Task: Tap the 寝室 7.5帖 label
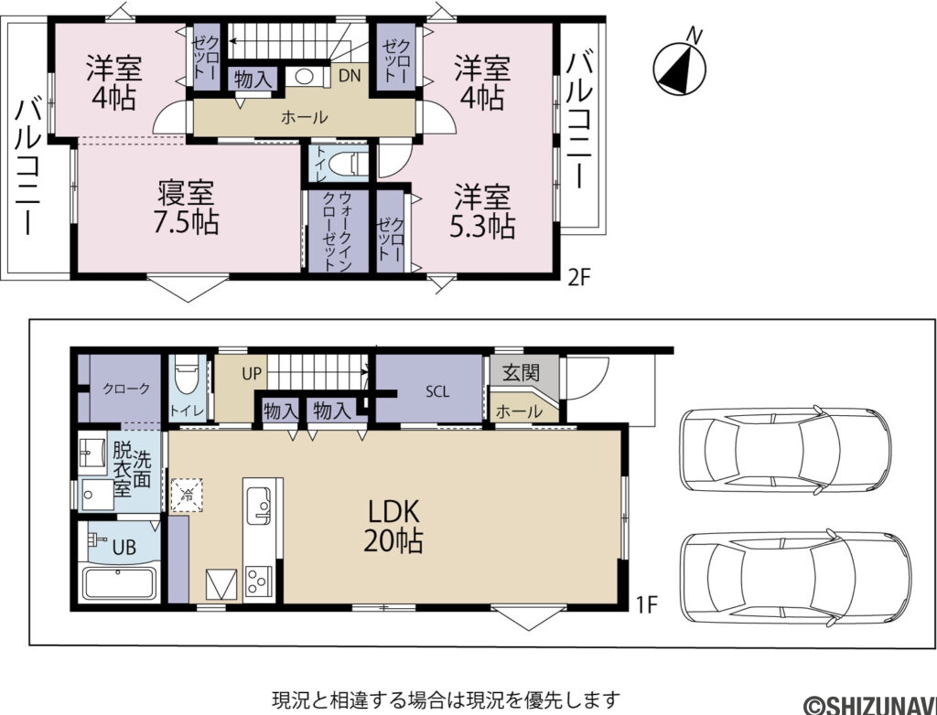[187, 208]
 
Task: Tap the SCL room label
[437, 391]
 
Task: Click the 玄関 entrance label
[520, 372]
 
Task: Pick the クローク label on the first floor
[125, 388]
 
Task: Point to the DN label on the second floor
[349, 77]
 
